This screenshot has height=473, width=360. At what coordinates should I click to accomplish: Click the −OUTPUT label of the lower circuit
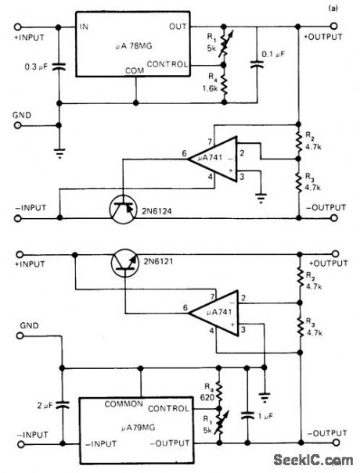323,432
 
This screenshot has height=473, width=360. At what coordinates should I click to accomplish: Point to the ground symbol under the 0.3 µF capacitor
59,152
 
